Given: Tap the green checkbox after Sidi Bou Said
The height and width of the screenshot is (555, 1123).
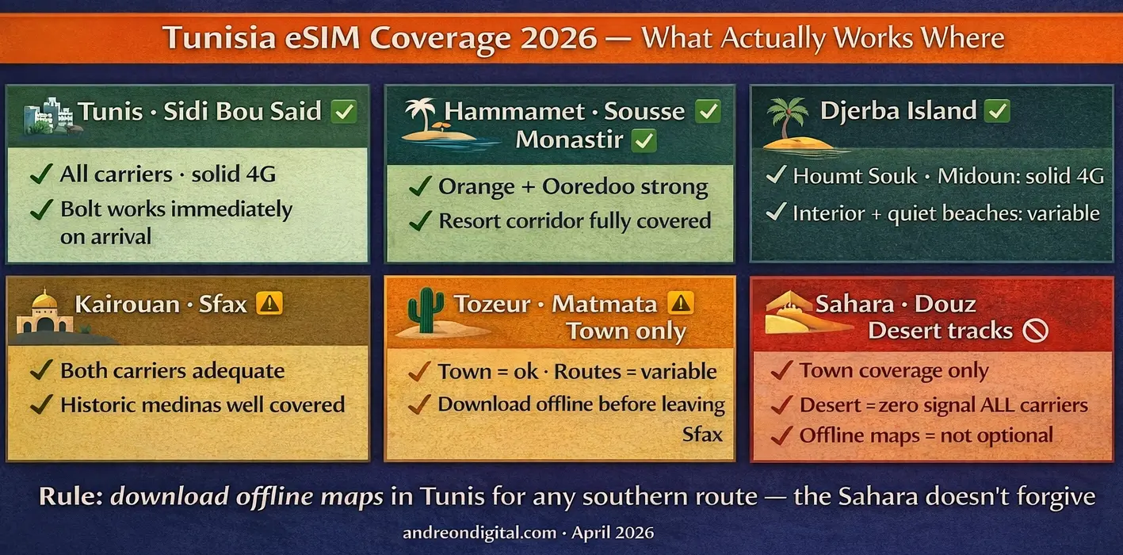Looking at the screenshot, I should click(x=344, y=111).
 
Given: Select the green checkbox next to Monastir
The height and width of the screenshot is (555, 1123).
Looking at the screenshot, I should click(x=644, y=141).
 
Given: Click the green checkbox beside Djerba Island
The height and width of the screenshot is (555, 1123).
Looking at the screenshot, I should click(x=997, y=111).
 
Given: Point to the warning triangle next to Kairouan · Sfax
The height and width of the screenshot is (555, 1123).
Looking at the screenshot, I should click(x=270, y=303).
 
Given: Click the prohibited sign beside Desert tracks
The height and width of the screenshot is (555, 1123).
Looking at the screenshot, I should click(x=1035, y=331).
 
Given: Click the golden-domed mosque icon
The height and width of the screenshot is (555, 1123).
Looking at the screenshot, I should click(x=44, y=313).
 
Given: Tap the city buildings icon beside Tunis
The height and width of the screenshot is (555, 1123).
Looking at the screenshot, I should click(x=48, y=117).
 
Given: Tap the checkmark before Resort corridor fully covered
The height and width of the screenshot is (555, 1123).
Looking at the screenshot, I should click(x=419, y=221).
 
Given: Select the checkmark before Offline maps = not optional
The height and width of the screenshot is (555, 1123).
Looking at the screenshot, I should click(x=782, y=435).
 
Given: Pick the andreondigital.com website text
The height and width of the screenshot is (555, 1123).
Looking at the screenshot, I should click(x=478, y=533).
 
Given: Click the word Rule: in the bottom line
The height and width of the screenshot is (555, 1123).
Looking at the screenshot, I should click(x=71, y=497).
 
